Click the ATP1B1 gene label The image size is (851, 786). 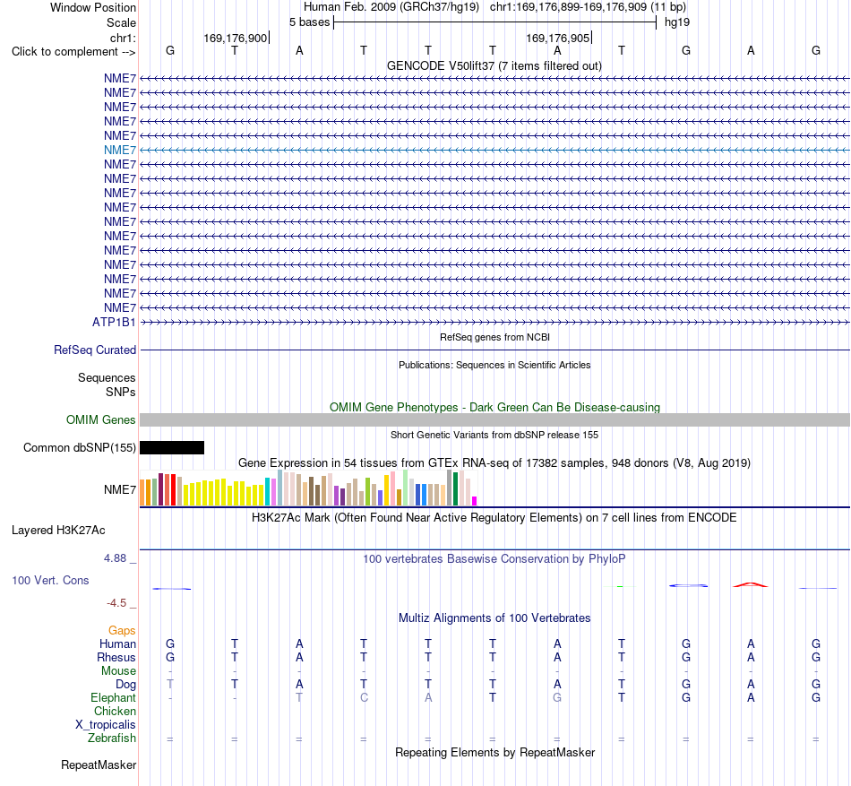click(114, 322)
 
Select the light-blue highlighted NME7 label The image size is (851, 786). click(120, 150)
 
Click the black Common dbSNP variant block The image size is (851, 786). click(172, 447)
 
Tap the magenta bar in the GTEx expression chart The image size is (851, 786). click(475, 501)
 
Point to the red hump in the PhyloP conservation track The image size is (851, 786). click(751, 584)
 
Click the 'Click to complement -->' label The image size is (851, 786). click(73, 52)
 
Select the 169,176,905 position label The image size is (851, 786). click(557, 38)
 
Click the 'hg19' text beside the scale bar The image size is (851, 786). click(677, 22)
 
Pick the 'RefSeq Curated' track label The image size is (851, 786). click(95, 350)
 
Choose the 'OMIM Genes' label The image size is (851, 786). click(101, 419)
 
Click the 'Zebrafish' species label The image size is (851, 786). click(112, 738)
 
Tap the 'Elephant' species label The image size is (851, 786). click(114, 697)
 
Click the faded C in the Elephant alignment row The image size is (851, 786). click(364, 697)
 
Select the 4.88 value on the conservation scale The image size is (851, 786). click(115, 558)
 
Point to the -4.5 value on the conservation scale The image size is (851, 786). click(116, 603)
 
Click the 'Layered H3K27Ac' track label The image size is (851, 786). click(58, 531)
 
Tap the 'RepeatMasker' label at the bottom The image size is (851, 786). click(99, 764)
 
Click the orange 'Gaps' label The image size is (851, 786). click(122, 630)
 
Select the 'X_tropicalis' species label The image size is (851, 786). click(106, 725)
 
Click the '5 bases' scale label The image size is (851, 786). click(309, 22)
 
